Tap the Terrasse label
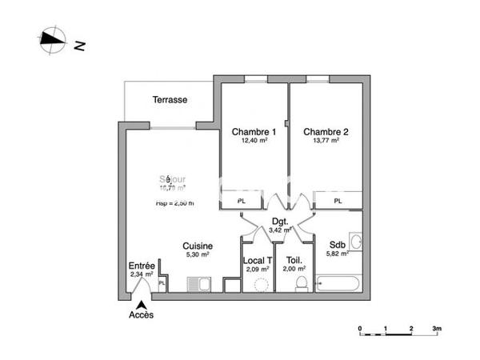(x=170, y=100)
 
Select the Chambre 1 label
(x=254, y=131)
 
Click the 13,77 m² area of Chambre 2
(x=326, y=140)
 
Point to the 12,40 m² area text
(x=254, y=140)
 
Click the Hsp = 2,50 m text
(x=174, y=203)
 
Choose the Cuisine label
(x=197, y=246)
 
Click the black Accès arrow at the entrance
(x=141, y=303)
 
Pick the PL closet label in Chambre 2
(x=338, y=202)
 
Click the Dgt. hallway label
(x=279, y=222)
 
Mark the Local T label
(x=258, y=260)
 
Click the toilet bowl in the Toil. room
(x=302, y=284)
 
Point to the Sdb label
(x=337, y=246)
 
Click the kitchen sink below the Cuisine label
(x=198, y=284)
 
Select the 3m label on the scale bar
(x=437, y=328)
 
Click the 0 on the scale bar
(x=360, y=328)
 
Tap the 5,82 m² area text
(x=337, y=254)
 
